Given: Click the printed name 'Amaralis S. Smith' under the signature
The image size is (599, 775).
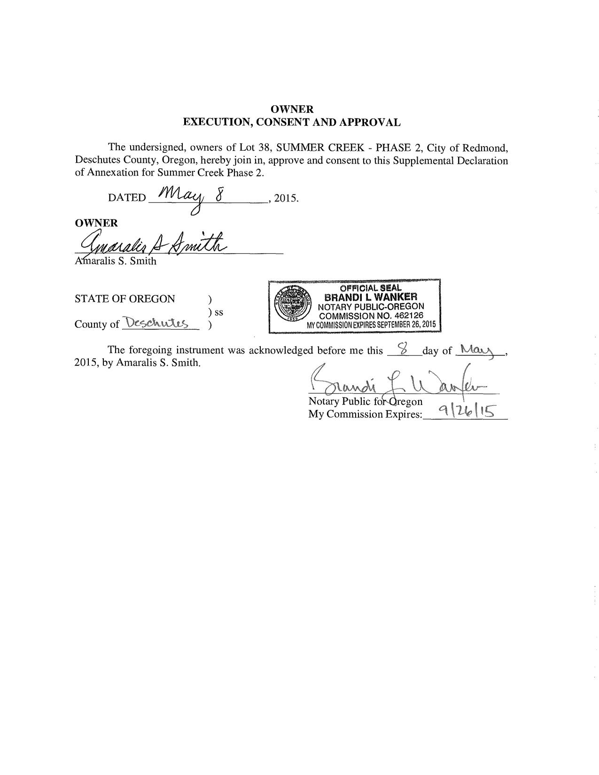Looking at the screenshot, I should point(116,261).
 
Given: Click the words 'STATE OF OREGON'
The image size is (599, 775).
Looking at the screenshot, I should point(124,299).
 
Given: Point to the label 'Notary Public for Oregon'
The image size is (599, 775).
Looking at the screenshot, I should point(365,402).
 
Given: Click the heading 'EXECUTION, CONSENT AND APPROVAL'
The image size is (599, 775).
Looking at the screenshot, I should point(291,123).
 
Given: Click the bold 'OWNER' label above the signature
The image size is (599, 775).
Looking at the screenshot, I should point(96,223).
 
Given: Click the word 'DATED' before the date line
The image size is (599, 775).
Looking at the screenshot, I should point(127,198).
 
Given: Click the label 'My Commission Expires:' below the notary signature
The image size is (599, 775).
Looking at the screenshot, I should point(365,414).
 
